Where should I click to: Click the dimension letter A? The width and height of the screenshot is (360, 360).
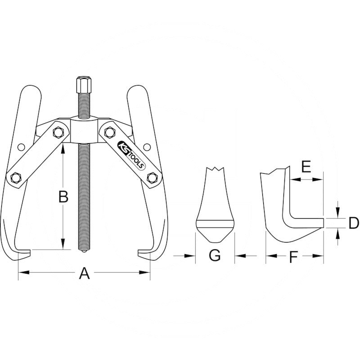pyautogui.click(x=84, y=273)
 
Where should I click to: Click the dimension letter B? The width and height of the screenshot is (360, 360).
pyautogui.click(x=63, y=197)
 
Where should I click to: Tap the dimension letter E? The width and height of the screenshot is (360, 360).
pyautogui.click(x=306, y=167)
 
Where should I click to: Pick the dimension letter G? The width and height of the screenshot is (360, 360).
pyautogui.click(x=215, y=256)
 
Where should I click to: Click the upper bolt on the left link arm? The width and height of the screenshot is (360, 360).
pyautogui.click(x=58, y=132)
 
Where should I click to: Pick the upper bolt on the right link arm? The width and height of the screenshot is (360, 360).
pyautogui.click(x=109, y=132)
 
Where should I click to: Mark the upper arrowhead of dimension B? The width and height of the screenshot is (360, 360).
pyautogui.click(x=63, y=146)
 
